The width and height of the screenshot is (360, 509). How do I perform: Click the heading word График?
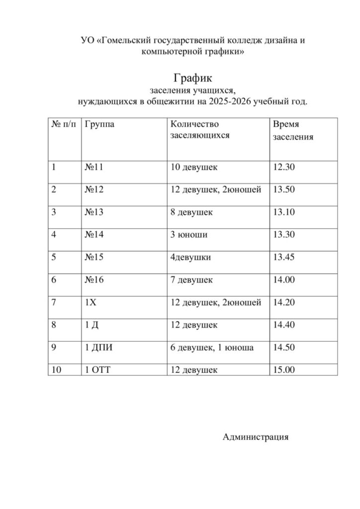click(x=193, y=78)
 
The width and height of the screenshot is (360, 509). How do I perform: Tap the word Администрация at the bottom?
click(x=256, y=437)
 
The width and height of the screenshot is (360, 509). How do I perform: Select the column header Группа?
click(x=99, y=124)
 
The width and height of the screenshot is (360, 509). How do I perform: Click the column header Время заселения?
click(x=293, y=130)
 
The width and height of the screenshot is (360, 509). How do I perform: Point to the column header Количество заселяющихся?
click(x=200, y=129)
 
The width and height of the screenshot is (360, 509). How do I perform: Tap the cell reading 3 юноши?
click(x=188, y=235)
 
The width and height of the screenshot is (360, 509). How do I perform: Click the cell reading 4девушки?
click(x=190, y=257)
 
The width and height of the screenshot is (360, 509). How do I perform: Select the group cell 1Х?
click(x=90, y=302)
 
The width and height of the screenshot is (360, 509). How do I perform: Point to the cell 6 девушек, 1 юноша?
click(x=212, y=347)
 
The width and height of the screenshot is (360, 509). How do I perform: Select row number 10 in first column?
click(x=56, y=369)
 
